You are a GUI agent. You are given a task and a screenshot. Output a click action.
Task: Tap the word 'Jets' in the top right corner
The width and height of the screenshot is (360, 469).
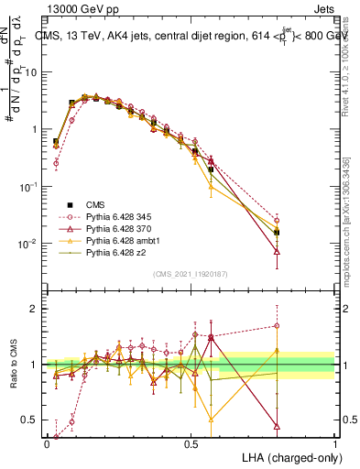322,8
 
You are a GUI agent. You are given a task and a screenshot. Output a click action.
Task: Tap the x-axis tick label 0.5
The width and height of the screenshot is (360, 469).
191,442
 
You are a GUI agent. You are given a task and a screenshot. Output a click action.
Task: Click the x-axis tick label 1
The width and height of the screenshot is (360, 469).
335,442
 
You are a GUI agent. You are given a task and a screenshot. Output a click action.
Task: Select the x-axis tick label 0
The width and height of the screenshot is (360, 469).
47,442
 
